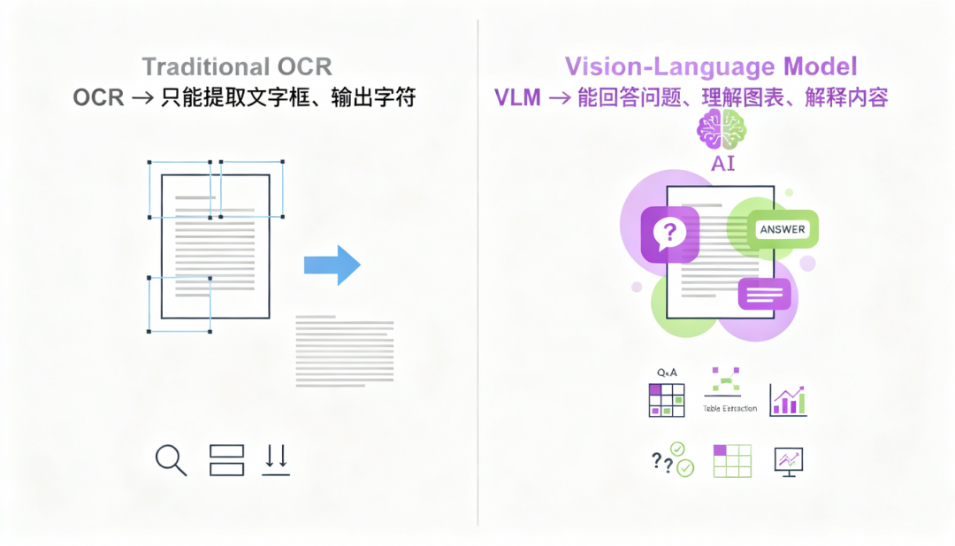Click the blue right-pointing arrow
pos(332,265)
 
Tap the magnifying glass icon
pos(170,460)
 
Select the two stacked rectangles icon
pos(226,460)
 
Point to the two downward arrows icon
pos(276,460)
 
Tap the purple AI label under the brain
pos(722,165)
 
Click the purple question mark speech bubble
pos(669,234)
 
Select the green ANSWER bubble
pos(783,229)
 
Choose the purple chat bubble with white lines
pos(763,293)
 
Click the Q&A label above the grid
pos(666,373)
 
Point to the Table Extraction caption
pos(730,408)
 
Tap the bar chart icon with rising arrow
pos(788,400)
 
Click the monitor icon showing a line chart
pos(788,460)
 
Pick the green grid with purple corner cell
pos(731,461)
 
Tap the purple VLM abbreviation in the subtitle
pos(517,98)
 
